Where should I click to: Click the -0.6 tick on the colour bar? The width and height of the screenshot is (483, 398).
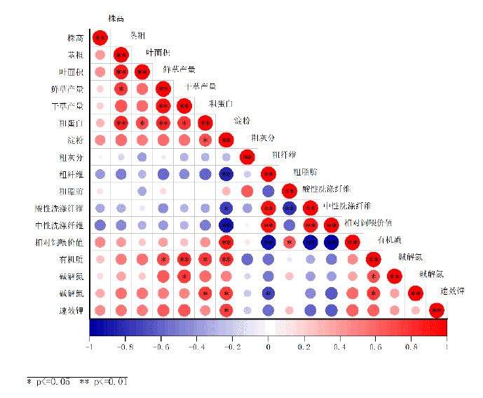[161, 347]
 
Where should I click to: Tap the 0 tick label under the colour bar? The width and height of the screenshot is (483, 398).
[268, 347]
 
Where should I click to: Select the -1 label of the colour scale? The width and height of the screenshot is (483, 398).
[89, 347]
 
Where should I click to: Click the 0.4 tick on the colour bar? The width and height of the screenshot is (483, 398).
[339, 347]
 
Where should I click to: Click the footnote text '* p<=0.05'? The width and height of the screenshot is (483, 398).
[48, 381]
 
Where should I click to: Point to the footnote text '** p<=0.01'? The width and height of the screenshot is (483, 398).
[103, 381]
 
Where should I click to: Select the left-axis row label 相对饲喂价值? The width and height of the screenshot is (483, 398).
[60, 242]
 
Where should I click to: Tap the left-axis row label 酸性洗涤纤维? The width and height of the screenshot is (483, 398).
[60, 208]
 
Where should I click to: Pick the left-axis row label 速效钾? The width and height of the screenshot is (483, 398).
[72, 310]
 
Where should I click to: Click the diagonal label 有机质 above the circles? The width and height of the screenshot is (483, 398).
[389, 239]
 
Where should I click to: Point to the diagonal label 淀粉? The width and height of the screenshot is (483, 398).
[243, 121]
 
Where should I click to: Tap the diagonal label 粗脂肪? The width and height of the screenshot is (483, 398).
[305, 171]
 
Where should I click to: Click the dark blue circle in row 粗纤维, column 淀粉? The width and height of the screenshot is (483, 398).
[226, 174]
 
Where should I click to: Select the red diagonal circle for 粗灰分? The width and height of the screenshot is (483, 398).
[247, 157]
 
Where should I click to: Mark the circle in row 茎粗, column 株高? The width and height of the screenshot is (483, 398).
[100, 55]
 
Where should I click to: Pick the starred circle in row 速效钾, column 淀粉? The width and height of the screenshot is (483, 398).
[226, 310]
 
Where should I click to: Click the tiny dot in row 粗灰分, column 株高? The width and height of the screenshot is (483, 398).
[100, 157]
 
